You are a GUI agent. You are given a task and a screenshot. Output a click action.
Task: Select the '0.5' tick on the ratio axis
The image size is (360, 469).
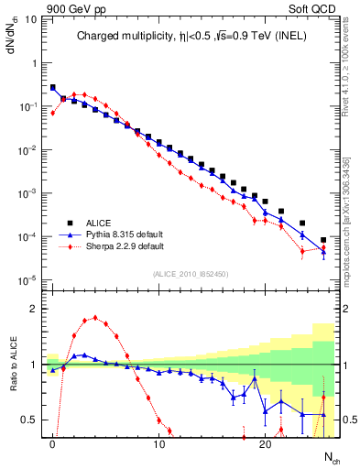point(30,420)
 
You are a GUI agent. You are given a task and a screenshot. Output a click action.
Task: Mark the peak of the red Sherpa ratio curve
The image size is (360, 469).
point(95,319)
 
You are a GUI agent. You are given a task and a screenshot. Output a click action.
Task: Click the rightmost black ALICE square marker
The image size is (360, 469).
point(323,240)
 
